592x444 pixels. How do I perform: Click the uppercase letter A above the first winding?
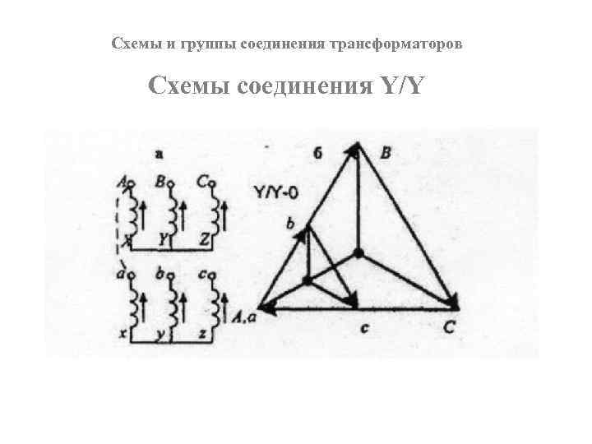click(x=124, y=182)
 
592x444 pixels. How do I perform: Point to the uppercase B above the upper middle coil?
click(x=162, y=181)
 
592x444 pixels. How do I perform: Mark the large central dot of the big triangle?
click(x=358, y=251)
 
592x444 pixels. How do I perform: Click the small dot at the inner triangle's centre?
click(x=307, y=280)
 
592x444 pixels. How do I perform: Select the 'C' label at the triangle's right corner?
click(x=451, y=328)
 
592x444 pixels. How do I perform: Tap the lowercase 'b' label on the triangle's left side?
click(x=289, y=224)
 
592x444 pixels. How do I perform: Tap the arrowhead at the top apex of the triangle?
click(x=354, y=149)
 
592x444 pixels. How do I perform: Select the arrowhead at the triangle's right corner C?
click(x=450, y=302)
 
